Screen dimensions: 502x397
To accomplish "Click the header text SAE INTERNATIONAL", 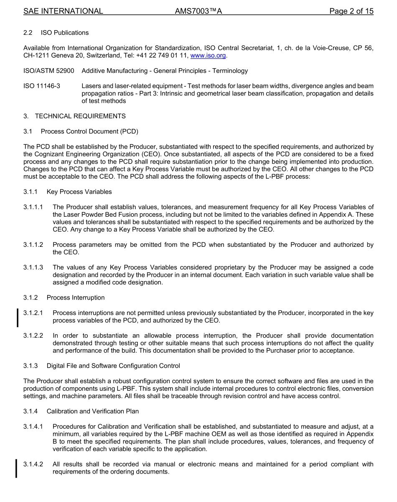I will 63,11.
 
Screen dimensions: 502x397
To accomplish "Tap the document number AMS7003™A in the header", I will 198,11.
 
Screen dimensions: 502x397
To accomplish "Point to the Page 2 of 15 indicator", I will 351,11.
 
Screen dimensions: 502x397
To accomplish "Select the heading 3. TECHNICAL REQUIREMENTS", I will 74,116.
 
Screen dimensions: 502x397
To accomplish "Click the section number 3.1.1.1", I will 33,207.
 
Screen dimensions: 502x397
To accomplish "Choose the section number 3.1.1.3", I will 33,267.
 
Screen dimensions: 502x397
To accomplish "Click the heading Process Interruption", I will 76,297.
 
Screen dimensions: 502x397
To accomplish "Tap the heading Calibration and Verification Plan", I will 93,411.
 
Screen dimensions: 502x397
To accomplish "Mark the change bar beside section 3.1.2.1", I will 17,317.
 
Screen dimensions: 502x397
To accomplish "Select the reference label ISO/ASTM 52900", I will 49,71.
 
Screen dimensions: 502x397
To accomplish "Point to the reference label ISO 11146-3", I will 42,86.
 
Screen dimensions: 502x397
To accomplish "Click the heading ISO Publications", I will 65,33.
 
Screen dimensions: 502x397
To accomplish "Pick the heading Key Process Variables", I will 79,192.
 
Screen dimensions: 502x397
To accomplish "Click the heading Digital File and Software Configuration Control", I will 113,366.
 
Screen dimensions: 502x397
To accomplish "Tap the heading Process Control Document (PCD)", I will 89,131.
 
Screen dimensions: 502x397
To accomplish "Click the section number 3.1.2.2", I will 33,336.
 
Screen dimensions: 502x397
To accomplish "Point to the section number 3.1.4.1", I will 33,426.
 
